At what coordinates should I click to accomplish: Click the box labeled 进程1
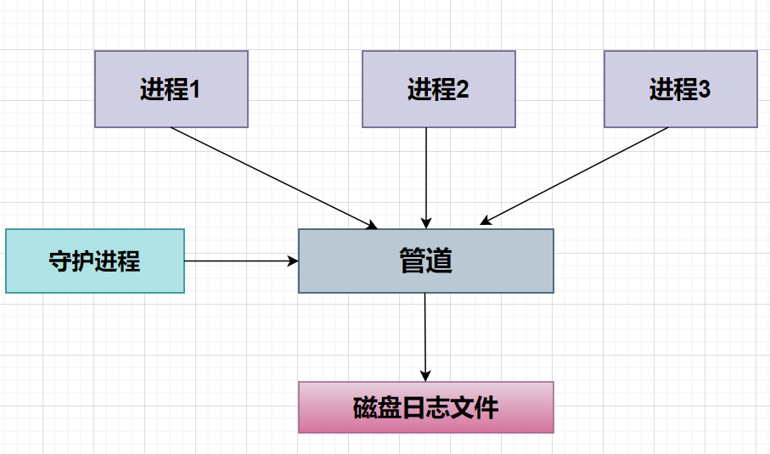tap(171, 89)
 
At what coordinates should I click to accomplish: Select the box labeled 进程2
tap(438, 89)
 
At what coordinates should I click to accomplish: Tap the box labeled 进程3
tap(680, 89)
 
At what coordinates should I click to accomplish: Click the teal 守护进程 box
tap(95, 261)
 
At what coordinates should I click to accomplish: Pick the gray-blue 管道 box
tap(425, 261)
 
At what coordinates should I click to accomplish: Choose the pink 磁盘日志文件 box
tap(425, 407)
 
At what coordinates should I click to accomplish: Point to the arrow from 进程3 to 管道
tap(575, 176)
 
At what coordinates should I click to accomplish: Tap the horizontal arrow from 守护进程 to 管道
tap(241, 261)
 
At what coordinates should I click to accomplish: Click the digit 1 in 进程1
tap(194, 89)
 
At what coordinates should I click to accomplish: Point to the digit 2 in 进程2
tap(463, 89)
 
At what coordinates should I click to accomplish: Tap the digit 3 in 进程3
tap(704, 89)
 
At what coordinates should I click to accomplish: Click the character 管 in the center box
tap(412, 261)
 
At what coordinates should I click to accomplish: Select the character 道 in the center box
tap(439, 261)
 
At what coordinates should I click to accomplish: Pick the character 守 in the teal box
tap(60, 261)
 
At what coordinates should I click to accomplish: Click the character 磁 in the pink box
tap(365, 408)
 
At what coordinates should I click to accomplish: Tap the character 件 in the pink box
tap(486, 408)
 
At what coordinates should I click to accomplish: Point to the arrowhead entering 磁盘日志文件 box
tap(425, 376)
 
